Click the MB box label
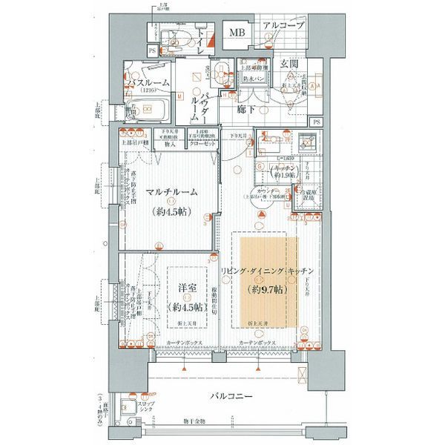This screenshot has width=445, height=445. (237, 33)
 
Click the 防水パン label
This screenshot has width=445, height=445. (254, 77)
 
